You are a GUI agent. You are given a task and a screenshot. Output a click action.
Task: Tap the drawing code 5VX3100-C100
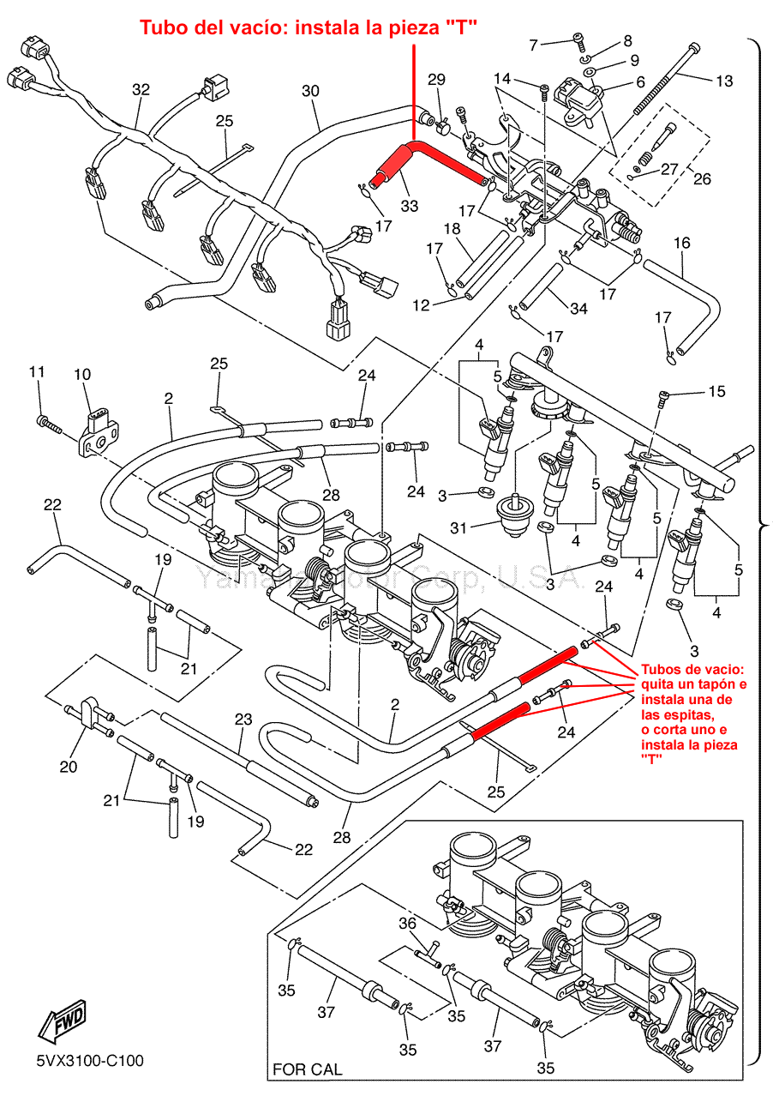89,1061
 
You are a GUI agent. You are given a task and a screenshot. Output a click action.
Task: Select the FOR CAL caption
307,1069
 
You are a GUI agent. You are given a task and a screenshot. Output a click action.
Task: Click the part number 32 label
141,89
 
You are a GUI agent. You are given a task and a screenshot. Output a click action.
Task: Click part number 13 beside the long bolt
724,81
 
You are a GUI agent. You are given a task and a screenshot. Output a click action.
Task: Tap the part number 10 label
81,375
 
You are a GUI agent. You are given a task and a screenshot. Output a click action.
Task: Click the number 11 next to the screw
36,371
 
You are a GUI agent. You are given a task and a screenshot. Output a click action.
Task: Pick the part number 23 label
243,720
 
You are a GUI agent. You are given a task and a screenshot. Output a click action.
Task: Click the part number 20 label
69,766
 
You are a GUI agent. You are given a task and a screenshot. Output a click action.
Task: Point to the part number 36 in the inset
407,923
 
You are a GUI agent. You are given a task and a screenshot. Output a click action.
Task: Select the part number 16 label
681,244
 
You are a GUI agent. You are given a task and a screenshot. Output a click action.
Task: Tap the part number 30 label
310,90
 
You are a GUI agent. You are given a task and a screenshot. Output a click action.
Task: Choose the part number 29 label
436,80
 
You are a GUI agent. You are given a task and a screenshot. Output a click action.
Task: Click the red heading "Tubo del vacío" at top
308,28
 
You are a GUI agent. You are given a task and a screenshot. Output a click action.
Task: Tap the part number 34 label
579,308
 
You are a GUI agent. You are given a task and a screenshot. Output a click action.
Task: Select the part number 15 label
716,392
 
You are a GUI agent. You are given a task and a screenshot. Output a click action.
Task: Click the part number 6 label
638,82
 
